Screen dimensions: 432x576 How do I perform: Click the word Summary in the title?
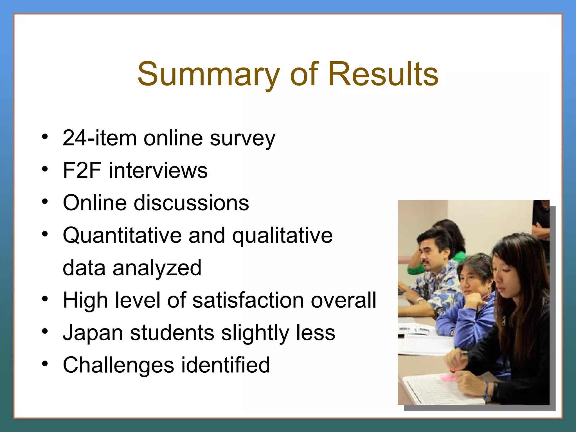pyautogui.click(x=208, y=74)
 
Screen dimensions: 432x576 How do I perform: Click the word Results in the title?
pyautogui.click(x=383, y=74)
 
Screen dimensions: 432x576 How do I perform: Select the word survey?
pyautogui.click(x=242, y=138)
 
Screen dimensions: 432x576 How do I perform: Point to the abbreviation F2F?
pyautogui.click(x=82, y=170)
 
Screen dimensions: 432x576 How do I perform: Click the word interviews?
pyautogui.click(x=158, y=170)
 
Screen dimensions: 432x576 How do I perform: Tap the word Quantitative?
pyautogui.click(x=122, y=235)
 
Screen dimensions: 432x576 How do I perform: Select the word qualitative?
pyautogui.click(x=282, y=235)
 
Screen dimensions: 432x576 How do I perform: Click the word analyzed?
pyautogui.click(x=157, y=268)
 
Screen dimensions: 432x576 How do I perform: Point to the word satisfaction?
pyautogui.click(x=248, y=300)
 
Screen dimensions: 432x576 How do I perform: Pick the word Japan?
pyautogui.click(x=93, y=333)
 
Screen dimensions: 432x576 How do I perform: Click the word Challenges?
pyautogui.click(x=118, y=365)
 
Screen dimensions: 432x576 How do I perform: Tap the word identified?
pyautogui.click(x=225, y=365)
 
